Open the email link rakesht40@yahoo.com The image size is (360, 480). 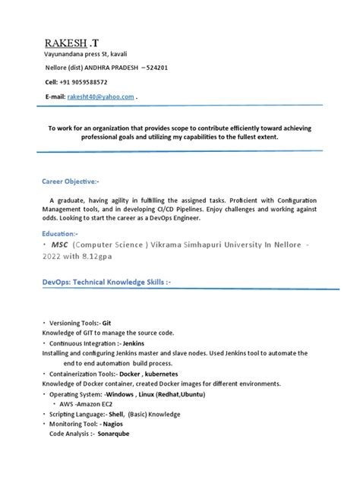click(101, 97)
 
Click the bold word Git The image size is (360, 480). click(107, 323)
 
